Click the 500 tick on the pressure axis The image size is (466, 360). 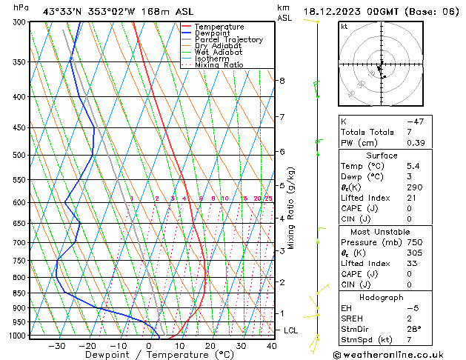click(19, 156)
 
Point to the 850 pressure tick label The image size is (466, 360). click(19, 293)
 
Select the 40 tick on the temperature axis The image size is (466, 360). click(272, 345)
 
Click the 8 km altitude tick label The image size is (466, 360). click(282, 80)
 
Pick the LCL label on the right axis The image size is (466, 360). click(290, 330)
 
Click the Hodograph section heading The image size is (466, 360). click(381, 297)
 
